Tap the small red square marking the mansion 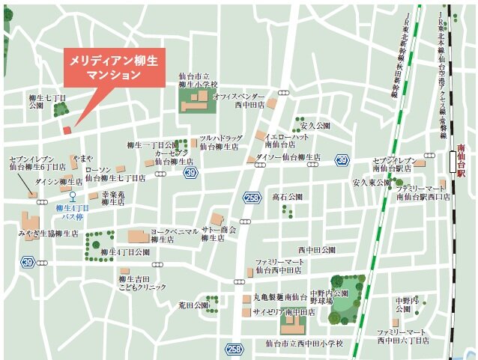tap(67, 130)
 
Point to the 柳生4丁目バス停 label tap(73, 212)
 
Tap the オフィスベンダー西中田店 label tap(238, 101)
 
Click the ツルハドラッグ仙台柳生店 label tap(220, 142)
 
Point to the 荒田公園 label tap(193, 305)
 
